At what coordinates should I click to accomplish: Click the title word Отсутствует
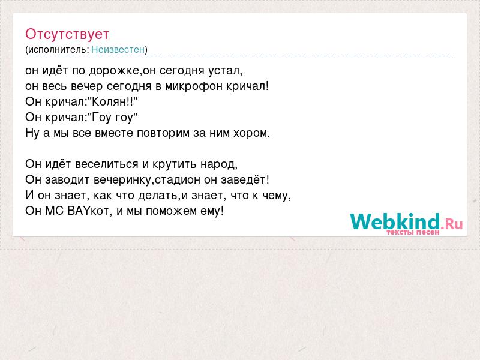point(67,34)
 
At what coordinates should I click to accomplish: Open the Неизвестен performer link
point(118,49)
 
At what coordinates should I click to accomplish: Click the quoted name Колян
point(109,101)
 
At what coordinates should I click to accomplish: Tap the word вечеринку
point(122,180)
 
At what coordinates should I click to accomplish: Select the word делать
point(158,196)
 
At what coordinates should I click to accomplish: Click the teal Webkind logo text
point(395,221)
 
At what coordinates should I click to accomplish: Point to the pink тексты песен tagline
point(413,232)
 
